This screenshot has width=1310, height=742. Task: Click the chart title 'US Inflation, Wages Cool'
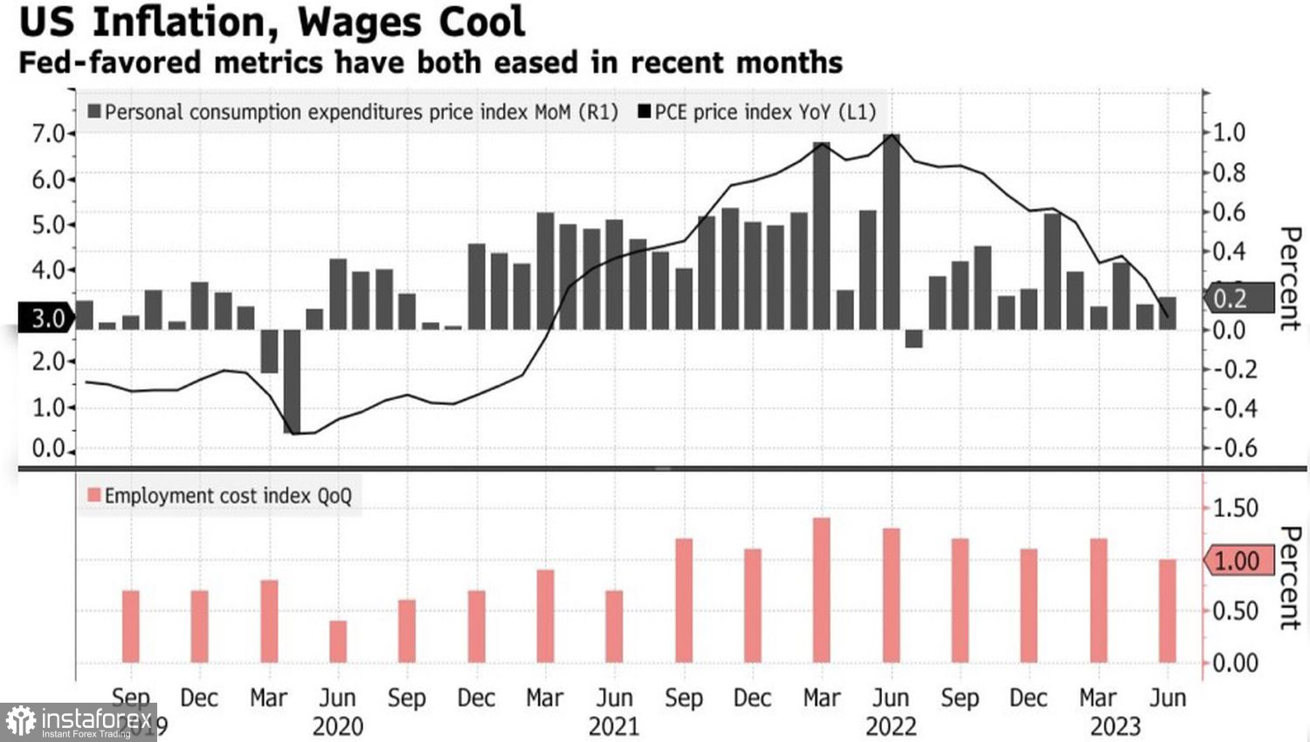272,23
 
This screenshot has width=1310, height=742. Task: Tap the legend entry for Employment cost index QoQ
219,496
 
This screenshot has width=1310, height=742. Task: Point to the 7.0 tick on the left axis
48,134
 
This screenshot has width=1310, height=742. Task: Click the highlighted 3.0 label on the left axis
46,318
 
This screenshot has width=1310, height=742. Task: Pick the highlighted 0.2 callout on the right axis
1231,299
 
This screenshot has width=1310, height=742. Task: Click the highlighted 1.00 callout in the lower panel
1237,560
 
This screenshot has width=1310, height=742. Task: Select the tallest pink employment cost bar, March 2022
821,590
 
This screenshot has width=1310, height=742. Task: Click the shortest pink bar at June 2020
338,642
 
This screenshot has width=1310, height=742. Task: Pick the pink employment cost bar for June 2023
1167,611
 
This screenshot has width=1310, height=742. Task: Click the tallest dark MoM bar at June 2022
891,231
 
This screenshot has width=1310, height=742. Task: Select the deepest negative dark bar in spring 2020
292,381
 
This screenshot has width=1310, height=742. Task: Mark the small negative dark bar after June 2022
914,339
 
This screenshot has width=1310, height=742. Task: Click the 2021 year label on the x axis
614,726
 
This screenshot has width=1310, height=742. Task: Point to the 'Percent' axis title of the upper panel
1289,279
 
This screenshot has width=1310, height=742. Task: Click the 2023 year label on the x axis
1115,726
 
